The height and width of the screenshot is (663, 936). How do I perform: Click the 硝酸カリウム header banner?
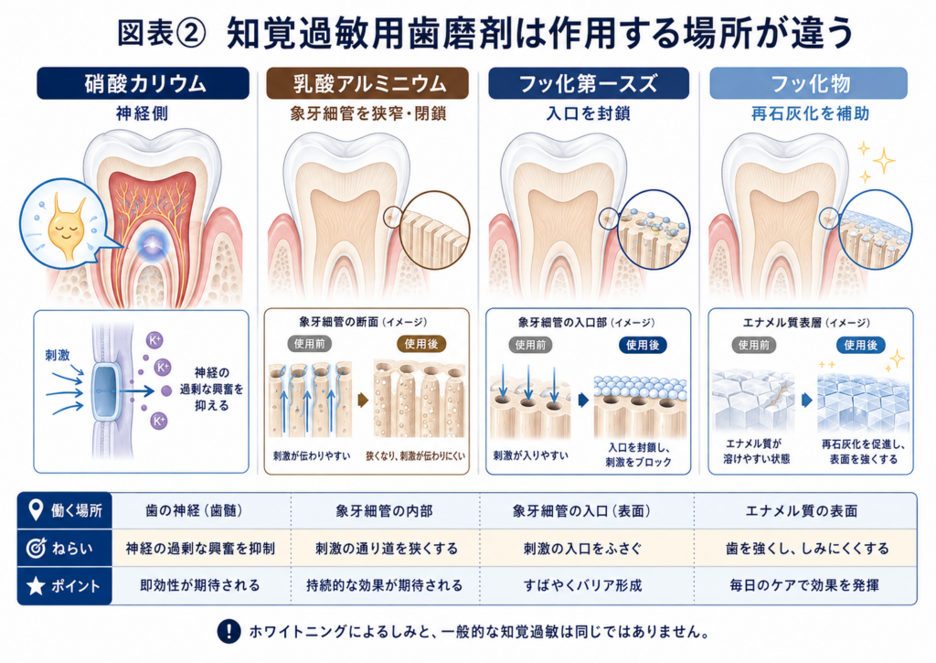point(144,83)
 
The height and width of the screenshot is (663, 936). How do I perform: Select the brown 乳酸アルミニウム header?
point(367,83)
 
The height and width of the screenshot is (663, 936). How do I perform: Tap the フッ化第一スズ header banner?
point(589,83)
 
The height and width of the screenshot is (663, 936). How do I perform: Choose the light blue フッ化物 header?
point(808,83)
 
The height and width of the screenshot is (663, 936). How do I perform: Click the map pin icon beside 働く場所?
point(36,510)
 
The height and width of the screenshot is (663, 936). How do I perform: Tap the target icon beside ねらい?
point(36,548)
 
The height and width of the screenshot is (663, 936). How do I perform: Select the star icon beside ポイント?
point(36,585)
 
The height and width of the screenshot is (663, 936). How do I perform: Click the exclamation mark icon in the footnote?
point(229,631)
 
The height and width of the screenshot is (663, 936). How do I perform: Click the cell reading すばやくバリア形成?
point(582,585)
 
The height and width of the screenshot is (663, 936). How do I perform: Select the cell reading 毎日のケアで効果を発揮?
point(804,585)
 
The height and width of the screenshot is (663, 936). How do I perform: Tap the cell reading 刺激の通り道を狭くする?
point(387,549)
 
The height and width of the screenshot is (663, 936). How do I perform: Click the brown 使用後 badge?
point(421,344)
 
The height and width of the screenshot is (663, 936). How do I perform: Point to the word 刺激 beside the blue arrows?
point(58,356)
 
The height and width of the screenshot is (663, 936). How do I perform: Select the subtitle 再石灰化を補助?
point(810,113)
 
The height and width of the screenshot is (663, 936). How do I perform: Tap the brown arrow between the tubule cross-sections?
point(363,400)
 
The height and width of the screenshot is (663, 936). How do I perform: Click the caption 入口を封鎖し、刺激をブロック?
point(639,454)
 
